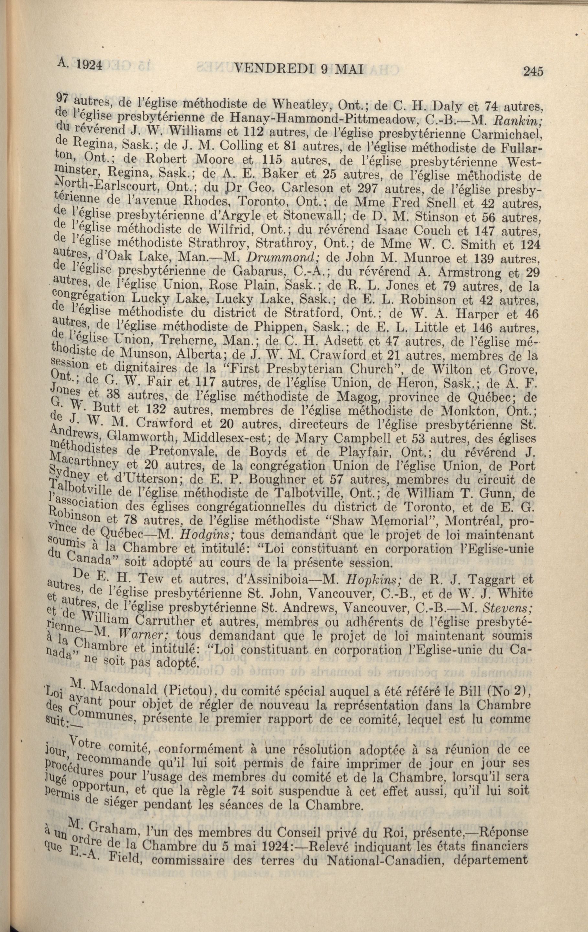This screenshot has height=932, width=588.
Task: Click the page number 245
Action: pyautogui.click(x=533, y=71)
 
